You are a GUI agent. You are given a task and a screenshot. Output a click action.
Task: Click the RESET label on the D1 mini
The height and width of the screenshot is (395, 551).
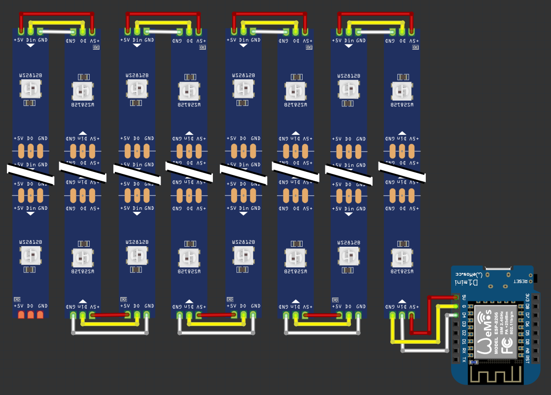[x=520, y=282]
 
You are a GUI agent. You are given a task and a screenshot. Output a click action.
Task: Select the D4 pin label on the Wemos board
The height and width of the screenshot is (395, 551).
[x=464, y=315]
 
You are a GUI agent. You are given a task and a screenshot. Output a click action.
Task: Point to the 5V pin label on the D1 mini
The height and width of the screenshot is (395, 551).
[x=464, y=297]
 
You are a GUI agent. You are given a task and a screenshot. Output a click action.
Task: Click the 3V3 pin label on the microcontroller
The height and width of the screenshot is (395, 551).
[x=527, y=297]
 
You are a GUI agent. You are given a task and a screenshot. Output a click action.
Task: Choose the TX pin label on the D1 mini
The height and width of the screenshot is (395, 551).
[x=464, y=360]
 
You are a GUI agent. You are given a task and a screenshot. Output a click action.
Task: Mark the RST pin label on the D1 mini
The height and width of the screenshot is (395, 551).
[x=527, y=360]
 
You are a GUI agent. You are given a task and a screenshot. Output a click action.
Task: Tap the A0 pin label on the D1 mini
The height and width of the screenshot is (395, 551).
[x=527, y=351]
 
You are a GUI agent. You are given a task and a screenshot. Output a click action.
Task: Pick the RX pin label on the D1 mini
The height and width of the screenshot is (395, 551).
[x=464, y=351]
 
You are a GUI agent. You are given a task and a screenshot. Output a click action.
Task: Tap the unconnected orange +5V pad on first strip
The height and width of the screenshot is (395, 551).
[x=21, y=315]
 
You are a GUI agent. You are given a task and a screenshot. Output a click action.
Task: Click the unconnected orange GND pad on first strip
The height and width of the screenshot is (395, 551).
[x=40, y=315]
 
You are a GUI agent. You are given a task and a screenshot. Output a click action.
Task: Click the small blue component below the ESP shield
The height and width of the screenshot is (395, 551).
[x=474, y=362]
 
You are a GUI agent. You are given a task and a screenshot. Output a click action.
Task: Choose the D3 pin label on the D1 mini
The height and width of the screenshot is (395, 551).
[x=464, y=324]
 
